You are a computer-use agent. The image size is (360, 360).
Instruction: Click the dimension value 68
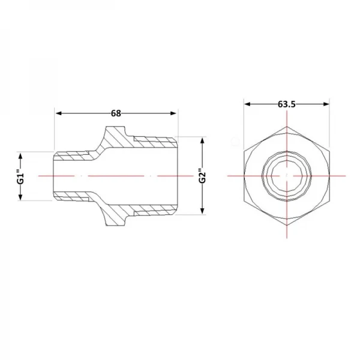[116, 113]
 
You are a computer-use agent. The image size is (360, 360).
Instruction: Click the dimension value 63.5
[287, 104]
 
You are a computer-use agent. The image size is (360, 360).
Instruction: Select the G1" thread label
[20, 176]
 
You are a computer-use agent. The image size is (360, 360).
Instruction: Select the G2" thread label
[202, 176]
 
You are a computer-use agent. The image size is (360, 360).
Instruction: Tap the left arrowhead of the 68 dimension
[59, 113]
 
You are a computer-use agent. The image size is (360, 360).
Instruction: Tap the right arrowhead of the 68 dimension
[173, 113]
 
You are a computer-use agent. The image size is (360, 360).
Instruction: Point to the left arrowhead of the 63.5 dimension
[247, 104]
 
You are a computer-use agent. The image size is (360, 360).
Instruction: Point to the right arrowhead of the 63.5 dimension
[326, 104]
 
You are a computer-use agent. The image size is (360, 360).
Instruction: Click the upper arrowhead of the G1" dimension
[20, 156]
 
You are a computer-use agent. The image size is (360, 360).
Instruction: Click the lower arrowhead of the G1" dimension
[20, 197]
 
